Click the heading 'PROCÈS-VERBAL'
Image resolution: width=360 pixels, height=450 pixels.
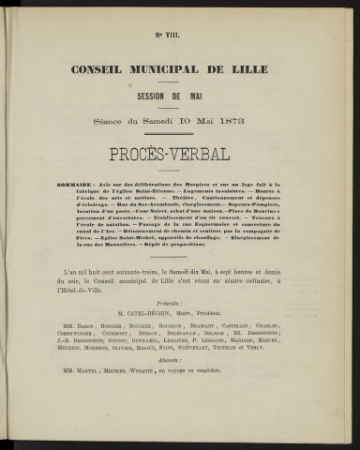tap(180, 155)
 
